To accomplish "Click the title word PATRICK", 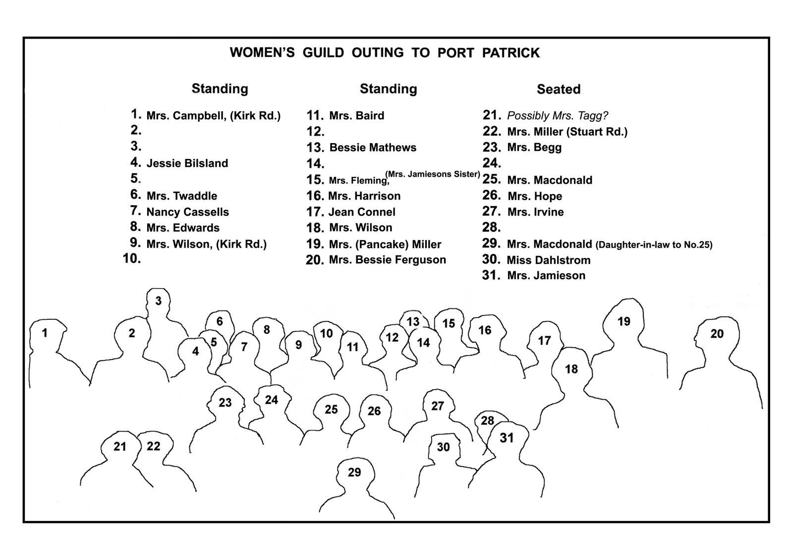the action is (x=510, y=52).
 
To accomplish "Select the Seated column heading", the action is (x=559, y=89).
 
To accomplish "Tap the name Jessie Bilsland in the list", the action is (x=187, y=163).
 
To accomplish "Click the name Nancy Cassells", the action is (x=188, y=212).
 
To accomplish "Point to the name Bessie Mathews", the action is (x=373, y=148).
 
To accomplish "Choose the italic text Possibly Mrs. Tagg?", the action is (x=558, y=116).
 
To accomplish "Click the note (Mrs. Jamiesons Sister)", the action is (x=433, y=174).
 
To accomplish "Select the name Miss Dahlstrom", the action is (x=549, y=260).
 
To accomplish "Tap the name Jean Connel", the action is (x=362, y=212).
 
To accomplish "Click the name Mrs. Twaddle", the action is (x=182, y=196).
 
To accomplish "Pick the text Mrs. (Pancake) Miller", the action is (x=385, y=245).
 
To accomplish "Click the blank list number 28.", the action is (x=491, y=227).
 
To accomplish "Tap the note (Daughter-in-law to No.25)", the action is (x=654, y=245).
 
